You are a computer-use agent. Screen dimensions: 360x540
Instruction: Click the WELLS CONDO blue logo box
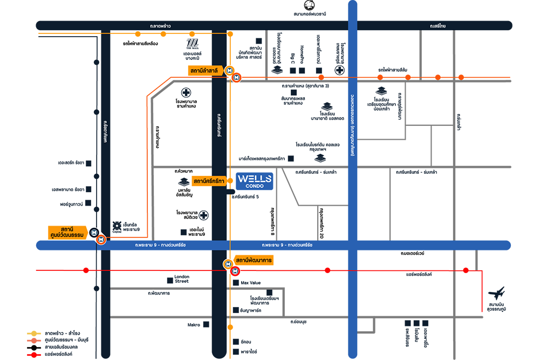click(x=255, y=181)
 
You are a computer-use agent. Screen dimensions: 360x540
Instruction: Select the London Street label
click(x=182, y=279)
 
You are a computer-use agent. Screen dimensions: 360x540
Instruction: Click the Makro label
click(x=194, y=325)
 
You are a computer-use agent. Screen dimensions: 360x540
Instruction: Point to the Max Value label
click(x=250, y=283)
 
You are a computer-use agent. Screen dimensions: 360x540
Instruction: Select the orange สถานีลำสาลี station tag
click(x=206, y=71)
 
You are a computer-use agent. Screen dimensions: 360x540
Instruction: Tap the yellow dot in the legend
click(x=34, y=333)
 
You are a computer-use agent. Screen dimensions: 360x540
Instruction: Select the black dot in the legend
click(x=34, y=347)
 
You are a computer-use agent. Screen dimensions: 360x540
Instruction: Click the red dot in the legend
click(x=34, y=354)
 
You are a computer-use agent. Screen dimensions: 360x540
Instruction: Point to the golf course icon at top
click(x=309, y=5)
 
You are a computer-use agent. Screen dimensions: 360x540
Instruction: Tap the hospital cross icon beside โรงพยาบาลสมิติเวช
click(x=204, y=216)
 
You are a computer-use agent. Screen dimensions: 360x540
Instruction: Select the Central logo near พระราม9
click(x=116, y=226)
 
